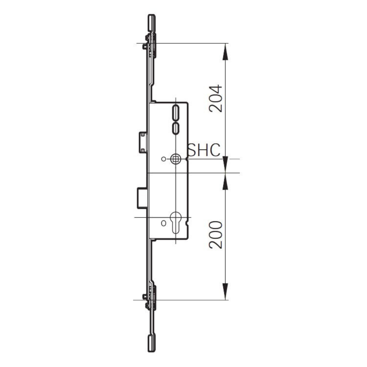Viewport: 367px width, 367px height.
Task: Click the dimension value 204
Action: [x=215, y=98]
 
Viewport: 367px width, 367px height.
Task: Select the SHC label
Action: [x=204, y=150]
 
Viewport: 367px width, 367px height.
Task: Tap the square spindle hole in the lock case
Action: [x=175, y=159]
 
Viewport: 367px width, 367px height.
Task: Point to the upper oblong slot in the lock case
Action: [x=175, y=112]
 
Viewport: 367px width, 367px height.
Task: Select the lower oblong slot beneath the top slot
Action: [x=175, y=128]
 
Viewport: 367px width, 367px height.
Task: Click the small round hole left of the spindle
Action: [x=164, y=159]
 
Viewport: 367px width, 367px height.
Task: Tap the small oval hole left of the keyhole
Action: [x=164, y=223]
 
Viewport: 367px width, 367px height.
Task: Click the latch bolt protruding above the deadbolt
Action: [x=143, y=142]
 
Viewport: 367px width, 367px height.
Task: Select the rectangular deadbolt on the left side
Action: [x=142, y=198]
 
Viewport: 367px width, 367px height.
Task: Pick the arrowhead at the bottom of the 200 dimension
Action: [x=226, y=292]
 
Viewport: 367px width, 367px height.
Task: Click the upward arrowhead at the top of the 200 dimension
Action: [x=226, y=182]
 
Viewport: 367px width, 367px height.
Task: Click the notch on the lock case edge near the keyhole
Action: [x=188, y=223]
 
